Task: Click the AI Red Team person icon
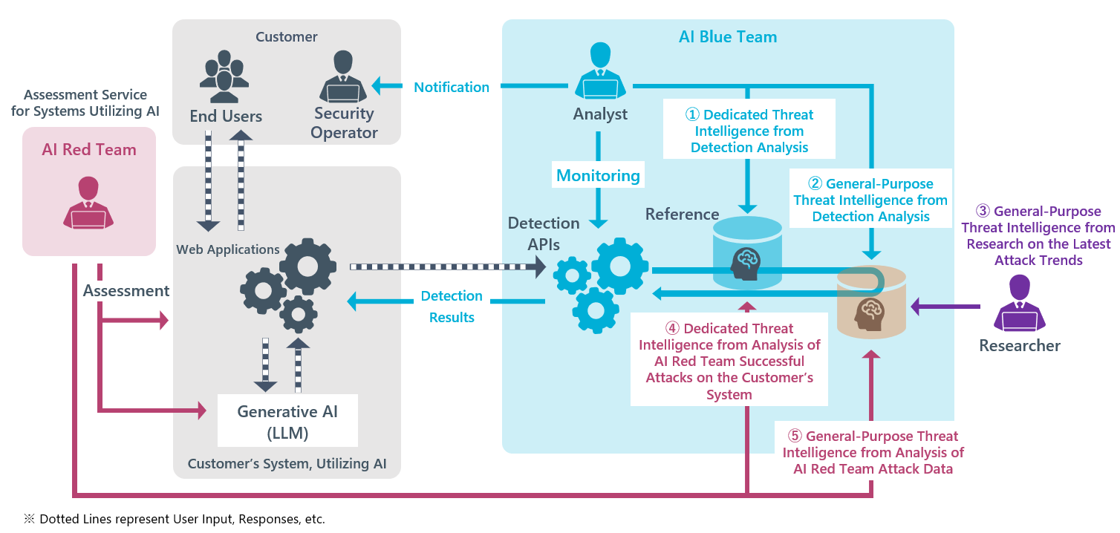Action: tap(88, 203)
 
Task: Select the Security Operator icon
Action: tap(343, 76)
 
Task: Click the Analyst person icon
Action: tap(599, 71)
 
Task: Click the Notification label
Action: tap(452, 88)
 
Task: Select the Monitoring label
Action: tap(598, 176)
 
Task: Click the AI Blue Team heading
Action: tap(727, 37)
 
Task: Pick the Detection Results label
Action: tap(452, 306)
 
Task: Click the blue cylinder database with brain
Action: tap(748, 252)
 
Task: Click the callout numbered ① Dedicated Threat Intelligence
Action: tap(749, 131)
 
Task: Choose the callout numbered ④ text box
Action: tap(729, 361)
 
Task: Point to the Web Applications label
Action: tap(228, 249)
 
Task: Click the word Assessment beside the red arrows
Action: tap(126, 291)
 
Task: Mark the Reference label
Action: tap(682, 215)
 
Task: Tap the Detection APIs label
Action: tap(543, 232)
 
